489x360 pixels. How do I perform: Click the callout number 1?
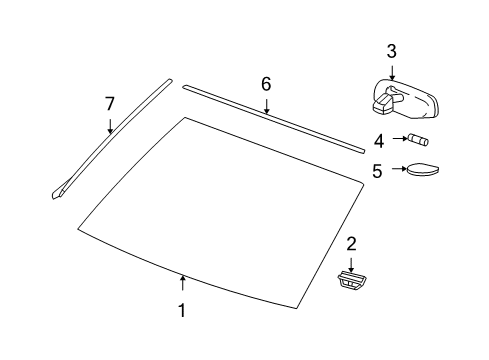pyautogui.click(x=182, y=311)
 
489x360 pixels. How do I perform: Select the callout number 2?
pyautogui.click(x=351, y=243)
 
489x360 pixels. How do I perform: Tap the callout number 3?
pyautogui.click(x=391, y=51)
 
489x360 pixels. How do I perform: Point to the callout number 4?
pyautogui.click(x=378, y=140)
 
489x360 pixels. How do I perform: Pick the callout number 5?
pyautogui.click(x=377, y=170)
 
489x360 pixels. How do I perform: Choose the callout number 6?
pyautogui.click(x=266, y=84)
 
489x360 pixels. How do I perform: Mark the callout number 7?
pyautogui.click(x=111, y=102)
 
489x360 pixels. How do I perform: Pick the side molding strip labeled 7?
pyautogui.click(x=110, y=139)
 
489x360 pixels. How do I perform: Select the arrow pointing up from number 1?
pyautogui.click(x=182, y=285)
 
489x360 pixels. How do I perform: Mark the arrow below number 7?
pyautogui.click(x=111, y=125)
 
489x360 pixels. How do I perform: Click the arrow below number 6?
pyautogui.click(x=266, y=106)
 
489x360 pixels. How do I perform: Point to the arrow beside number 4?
pyautogui.click(x=395, y=140)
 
